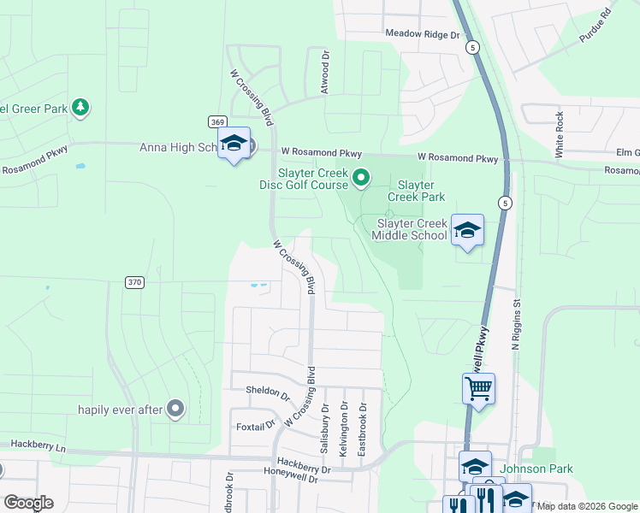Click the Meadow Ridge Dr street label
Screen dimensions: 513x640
click(x=423, y=34)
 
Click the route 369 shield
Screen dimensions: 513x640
click(x=217, y=122)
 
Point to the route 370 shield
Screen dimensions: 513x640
click(x=133, y=282)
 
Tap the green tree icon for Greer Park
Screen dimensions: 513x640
click(x=80, y=107)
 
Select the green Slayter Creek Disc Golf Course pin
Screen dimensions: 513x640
click(x=361, y=178)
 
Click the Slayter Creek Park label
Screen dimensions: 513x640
click(x=417, y=191)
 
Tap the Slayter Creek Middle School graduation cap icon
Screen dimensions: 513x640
click(x=467, y=230)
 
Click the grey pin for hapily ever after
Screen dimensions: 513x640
click(x=175, y=410)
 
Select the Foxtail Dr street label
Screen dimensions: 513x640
click(x=255, y=425)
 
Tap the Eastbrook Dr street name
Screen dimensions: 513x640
click(x=362, y=429)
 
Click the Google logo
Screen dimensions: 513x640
click(x=28, y=503)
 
